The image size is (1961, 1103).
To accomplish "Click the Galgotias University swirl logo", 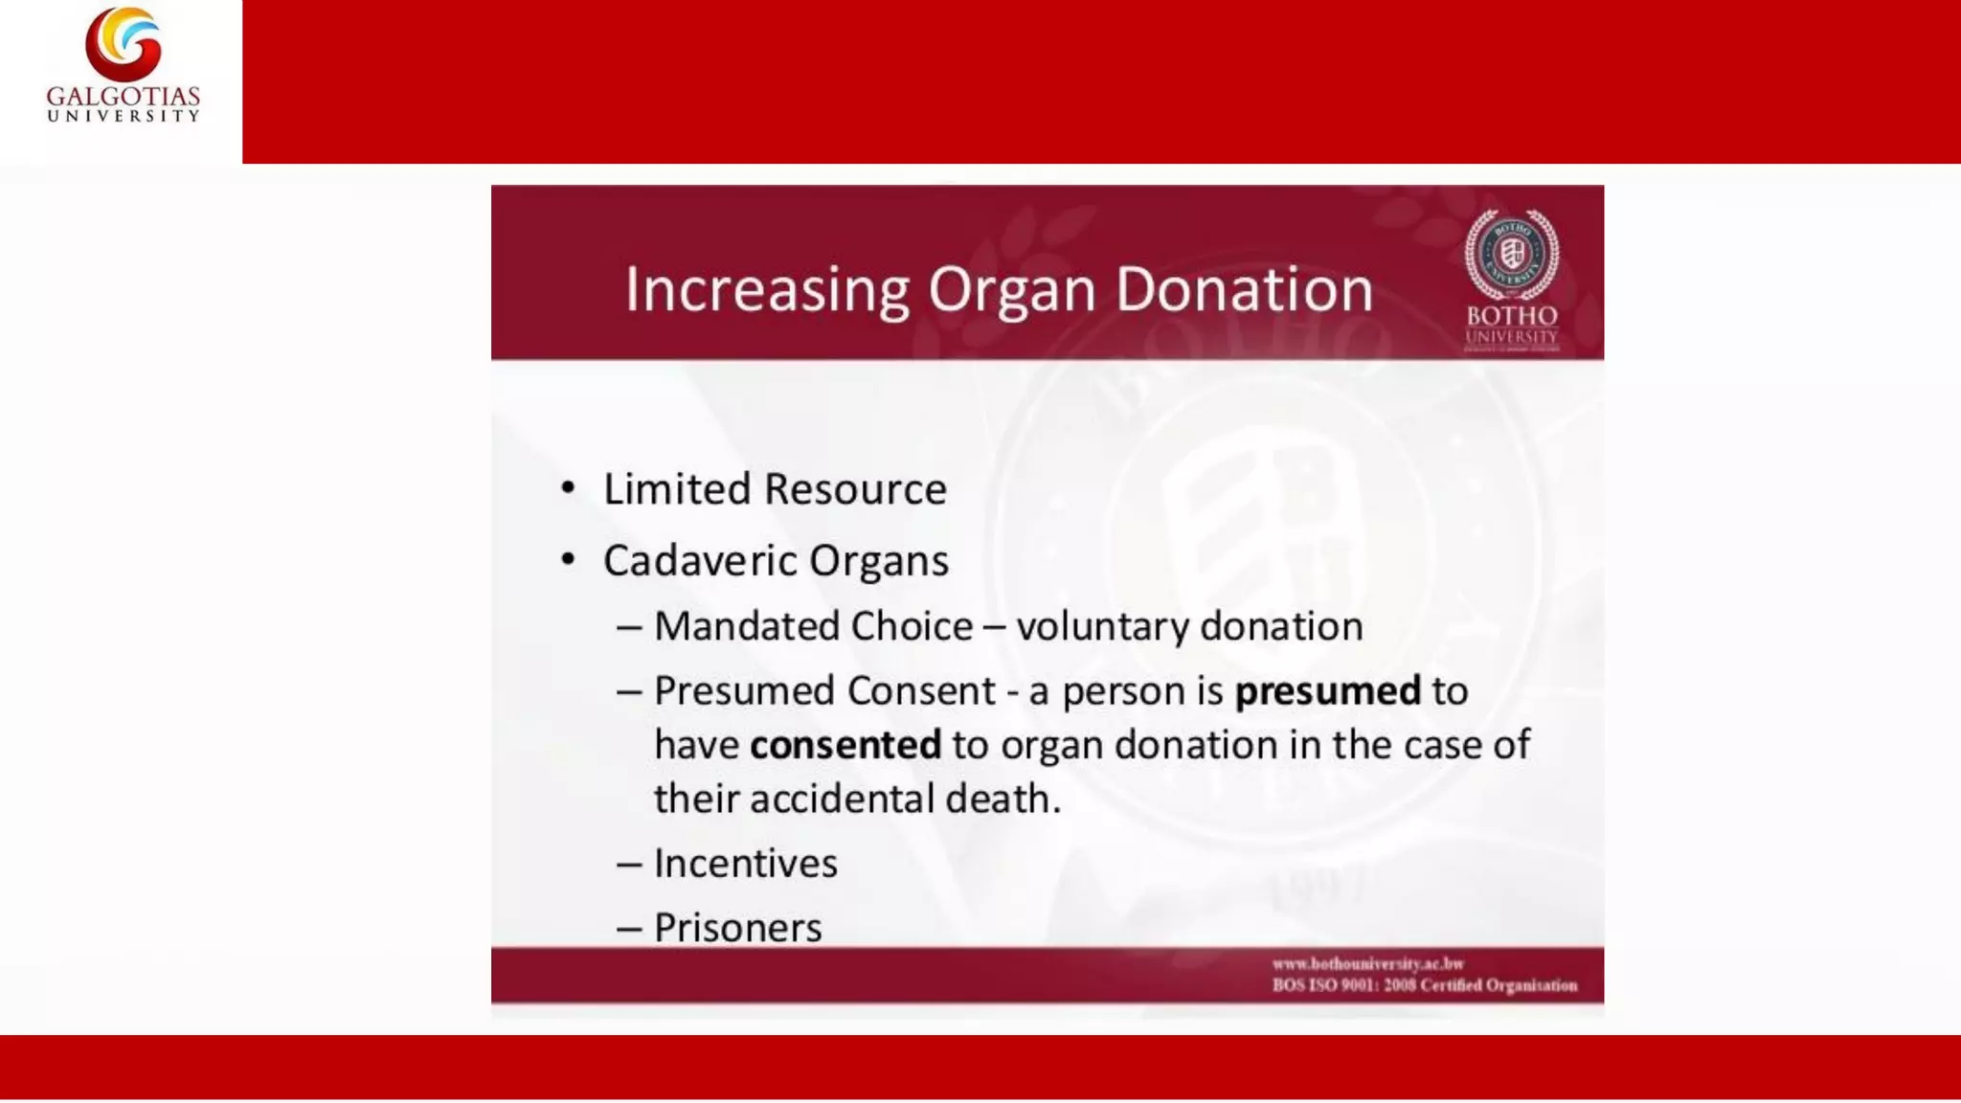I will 124,44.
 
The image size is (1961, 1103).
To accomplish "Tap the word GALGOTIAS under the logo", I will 124,97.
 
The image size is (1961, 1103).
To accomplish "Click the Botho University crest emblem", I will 1511,254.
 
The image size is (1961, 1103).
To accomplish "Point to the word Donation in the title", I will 1244,289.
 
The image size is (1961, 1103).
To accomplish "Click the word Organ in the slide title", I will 1011,291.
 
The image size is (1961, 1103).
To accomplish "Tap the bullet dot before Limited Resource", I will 569,488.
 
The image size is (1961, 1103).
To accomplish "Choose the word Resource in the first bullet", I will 855,489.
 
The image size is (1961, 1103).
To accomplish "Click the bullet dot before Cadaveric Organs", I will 569,559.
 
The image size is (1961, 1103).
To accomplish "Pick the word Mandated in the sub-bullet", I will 746,626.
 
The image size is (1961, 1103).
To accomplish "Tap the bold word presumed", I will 1327,691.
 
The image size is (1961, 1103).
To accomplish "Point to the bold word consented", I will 845,745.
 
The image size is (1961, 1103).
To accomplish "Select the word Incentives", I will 746,864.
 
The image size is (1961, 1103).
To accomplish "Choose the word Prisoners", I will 737,928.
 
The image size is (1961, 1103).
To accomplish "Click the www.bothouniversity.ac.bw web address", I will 1367,963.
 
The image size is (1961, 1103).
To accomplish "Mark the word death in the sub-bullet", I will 1003,799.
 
